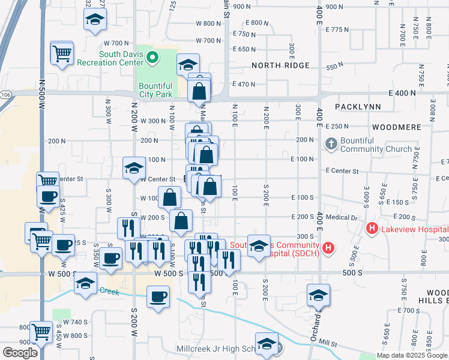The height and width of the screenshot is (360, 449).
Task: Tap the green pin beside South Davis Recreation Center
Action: [153, 58]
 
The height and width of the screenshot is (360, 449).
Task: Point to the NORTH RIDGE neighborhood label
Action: [280, 65]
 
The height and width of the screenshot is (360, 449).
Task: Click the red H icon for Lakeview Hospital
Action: [372, 229]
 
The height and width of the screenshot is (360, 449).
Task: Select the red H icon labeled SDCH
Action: [328, 247]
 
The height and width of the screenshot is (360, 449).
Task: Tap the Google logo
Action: [20, 352]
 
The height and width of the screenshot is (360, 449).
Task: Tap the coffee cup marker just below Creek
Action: [158, 297]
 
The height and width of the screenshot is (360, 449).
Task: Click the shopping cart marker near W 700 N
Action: [62, 53]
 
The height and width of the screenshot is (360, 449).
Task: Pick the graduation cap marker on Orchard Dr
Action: [318, 295]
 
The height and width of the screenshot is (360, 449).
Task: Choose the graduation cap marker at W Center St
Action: [134, 168]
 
